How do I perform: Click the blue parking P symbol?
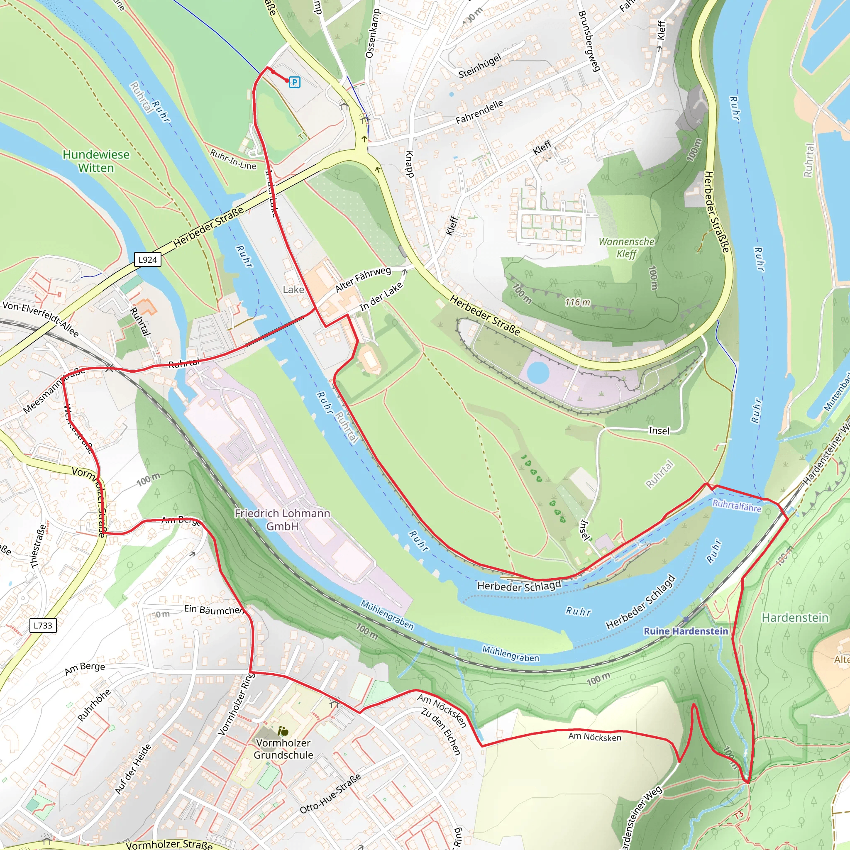294,82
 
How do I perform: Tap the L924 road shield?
147,259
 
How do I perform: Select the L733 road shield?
43,625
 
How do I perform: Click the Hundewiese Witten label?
96,161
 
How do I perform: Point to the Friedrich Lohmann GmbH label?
282,520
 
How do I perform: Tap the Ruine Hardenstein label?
686,631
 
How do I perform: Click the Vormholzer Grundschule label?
283,749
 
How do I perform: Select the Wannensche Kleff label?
626,248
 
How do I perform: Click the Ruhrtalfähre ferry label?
737,506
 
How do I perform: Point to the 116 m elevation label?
577,302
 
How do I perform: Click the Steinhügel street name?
479,66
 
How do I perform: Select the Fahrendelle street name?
479,112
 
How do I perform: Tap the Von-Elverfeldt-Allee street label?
41,319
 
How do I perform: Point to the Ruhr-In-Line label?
233,159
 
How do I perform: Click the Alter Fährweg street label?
363,279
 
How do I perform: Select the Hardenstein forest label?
794,618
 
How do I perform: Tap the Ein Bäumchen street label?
213,609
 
